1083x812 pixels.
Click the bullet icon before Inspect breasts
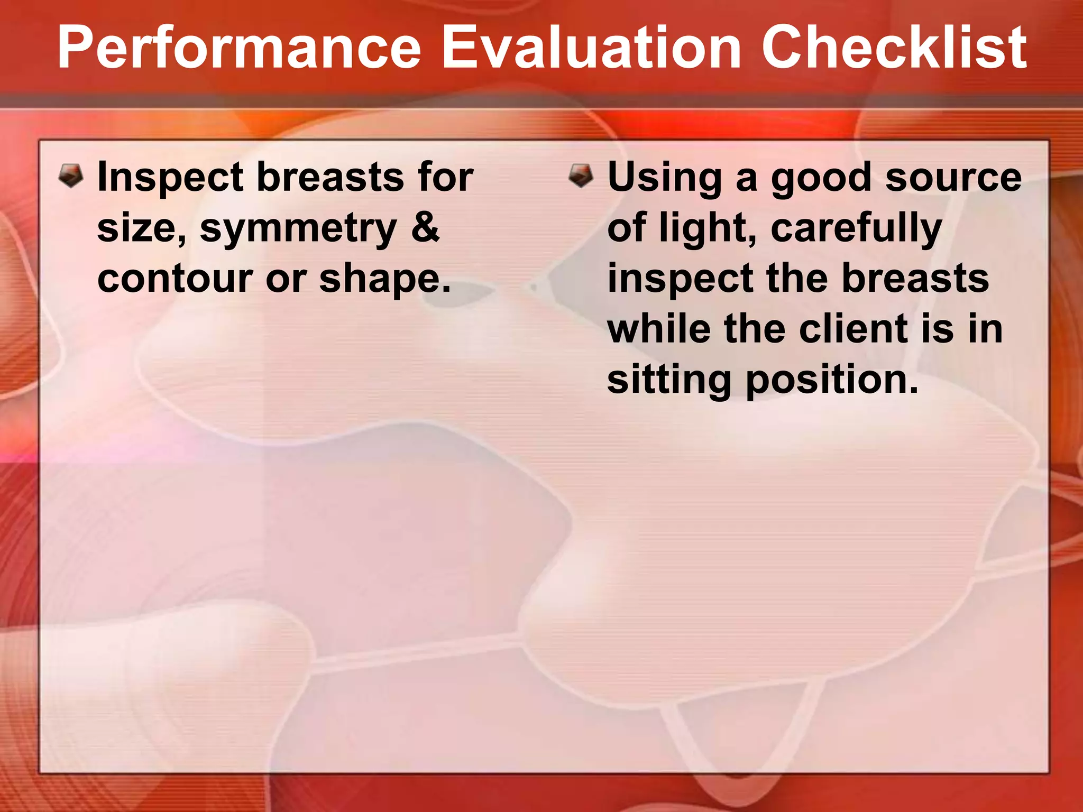coord(71,176)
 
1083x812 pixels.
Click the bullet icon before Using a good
coord(581,176)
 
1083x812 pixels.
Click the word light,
coord(708,229)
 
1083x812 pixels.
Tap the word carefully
coord(856,229)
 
